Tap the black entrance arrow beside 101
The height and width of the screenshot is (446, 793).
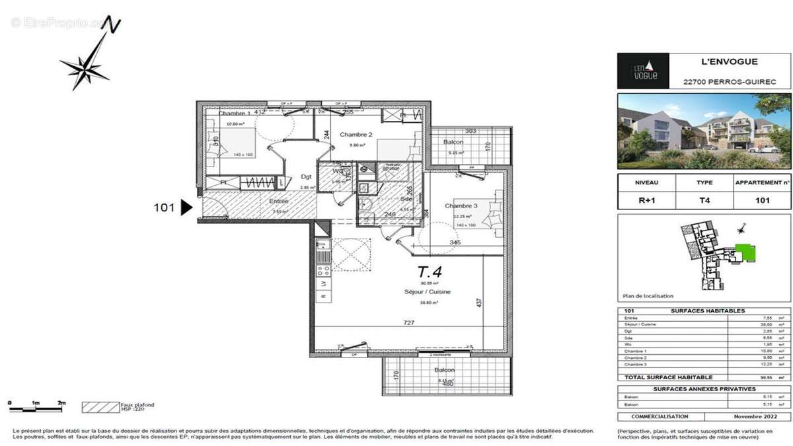[186, 207]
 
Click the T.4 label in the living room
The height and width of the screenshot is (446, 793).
[430, 271]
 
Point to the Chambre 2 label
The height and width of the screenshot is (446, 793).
[356, 135]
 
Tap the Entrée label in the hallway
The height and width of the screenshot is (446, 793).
[278, 201]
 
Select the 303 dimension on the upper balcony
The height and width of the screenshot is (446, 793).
[470, 131]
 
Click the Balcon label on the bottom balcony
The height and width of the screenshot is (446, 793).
[444, 370]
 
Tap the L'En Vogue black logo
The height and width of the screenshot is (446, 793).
[643, 71]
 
